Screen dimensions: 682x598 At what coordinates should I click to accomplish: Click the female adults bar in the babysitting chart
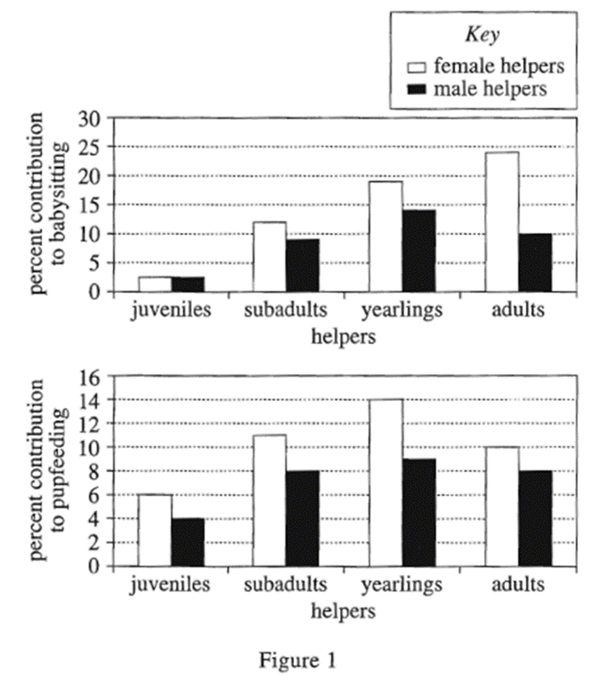[502, 222]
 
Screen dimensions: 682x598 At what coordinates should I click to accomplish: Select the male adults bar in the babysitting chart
[535, 263]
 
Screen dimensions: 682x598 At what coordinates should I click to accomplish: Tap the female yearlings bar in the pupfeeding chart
[386, 483]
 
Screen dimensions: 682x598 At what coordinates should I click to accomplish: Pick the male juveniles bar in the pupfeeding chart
[188, 542]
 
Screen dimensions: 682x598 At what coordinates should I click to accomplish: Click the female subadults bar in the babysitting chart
[270, 257]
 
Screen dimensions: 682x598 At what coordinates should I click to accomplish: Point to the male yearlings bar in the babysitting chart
[419, 251]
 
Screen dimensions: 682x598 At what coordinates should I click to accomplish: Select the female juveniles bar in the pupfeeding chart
[155, 530]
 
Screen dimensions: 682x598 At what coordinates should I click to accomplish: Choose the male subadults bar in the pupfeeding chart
[303, 518]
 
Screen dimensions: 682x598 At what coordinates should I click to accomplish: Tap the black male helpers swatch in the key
[416, 89]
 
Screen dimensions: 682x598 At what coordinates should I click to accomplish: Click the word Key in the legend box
[482, 35]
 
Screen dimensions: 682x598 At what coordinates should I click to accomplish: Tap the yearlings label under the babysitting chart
[402, 310]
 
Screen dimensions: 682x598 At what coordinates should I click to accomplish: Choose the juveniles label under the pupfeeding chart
[170, 585]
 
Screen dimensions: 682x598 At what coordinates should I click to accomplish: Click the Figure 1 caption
[298, 660]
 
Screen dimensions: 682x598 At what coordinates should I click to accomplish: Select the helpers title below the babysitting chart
[343, 337]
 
